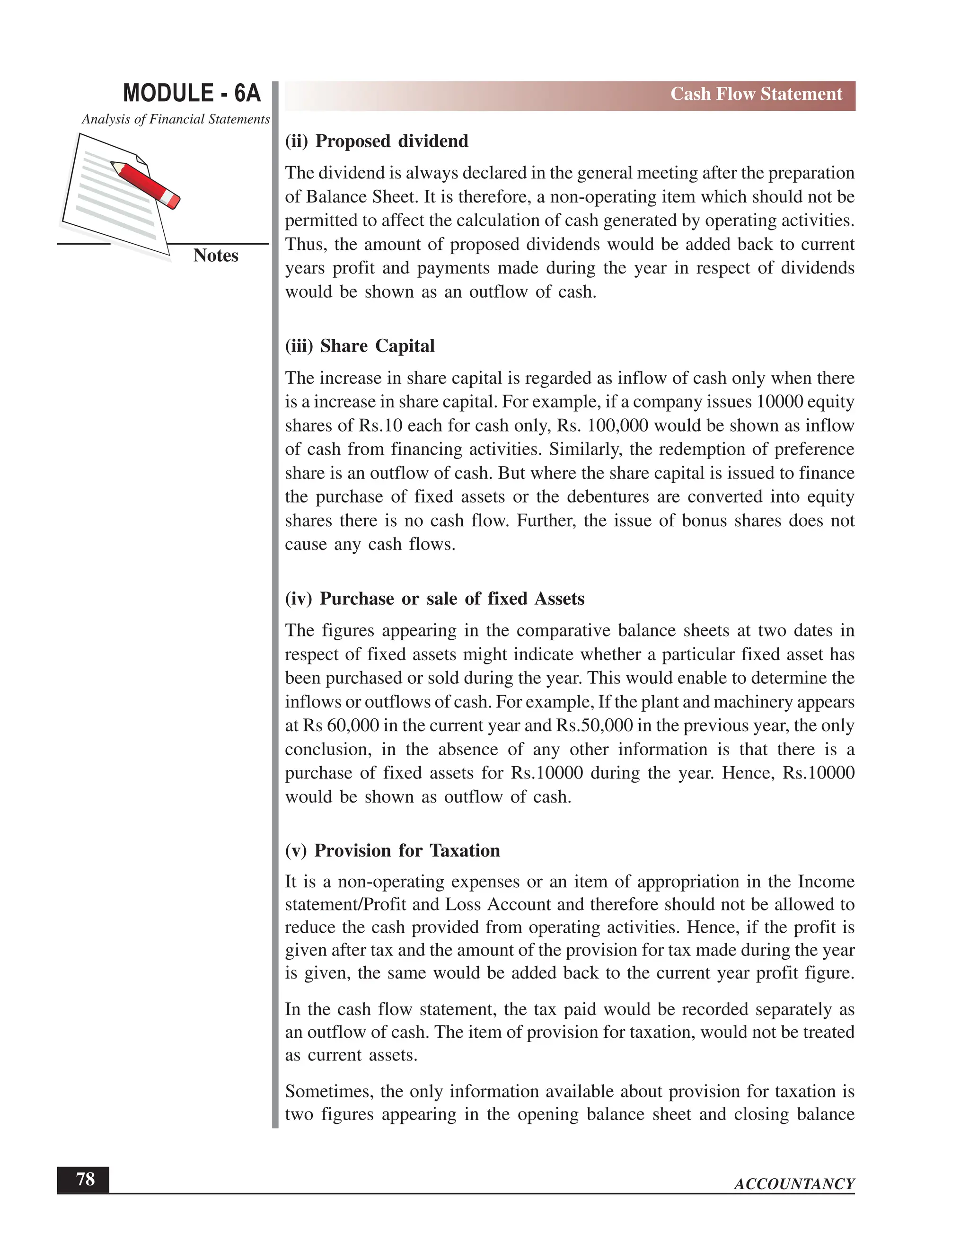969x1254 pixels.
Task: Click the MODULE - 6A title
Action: click(x=192, y=93)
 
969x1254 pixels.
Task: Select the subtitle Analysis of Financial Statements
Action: click(x=175, y=119)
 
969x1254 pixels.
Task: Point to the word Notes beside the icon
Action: click(x=215, y=256)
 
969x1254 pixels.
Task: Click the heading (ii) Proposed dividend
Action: click(x=377, y=141)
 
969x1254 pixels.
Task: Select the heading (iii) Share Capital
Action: click(x=360, y=346)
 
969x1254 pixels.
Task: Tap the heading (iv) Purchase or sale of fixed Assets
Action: click(x=434, y=599)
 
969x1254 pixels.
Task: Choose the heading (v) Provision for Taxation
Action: click(x=392, y=850)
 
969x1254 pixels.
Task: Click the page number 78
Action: click(x=85, y=1179)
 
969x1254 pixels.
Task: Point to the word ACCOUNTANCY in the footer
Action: click(x=794, y=1184)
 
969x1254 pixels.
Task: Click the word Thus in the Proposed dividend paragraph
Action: click(x=304, y=245)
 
